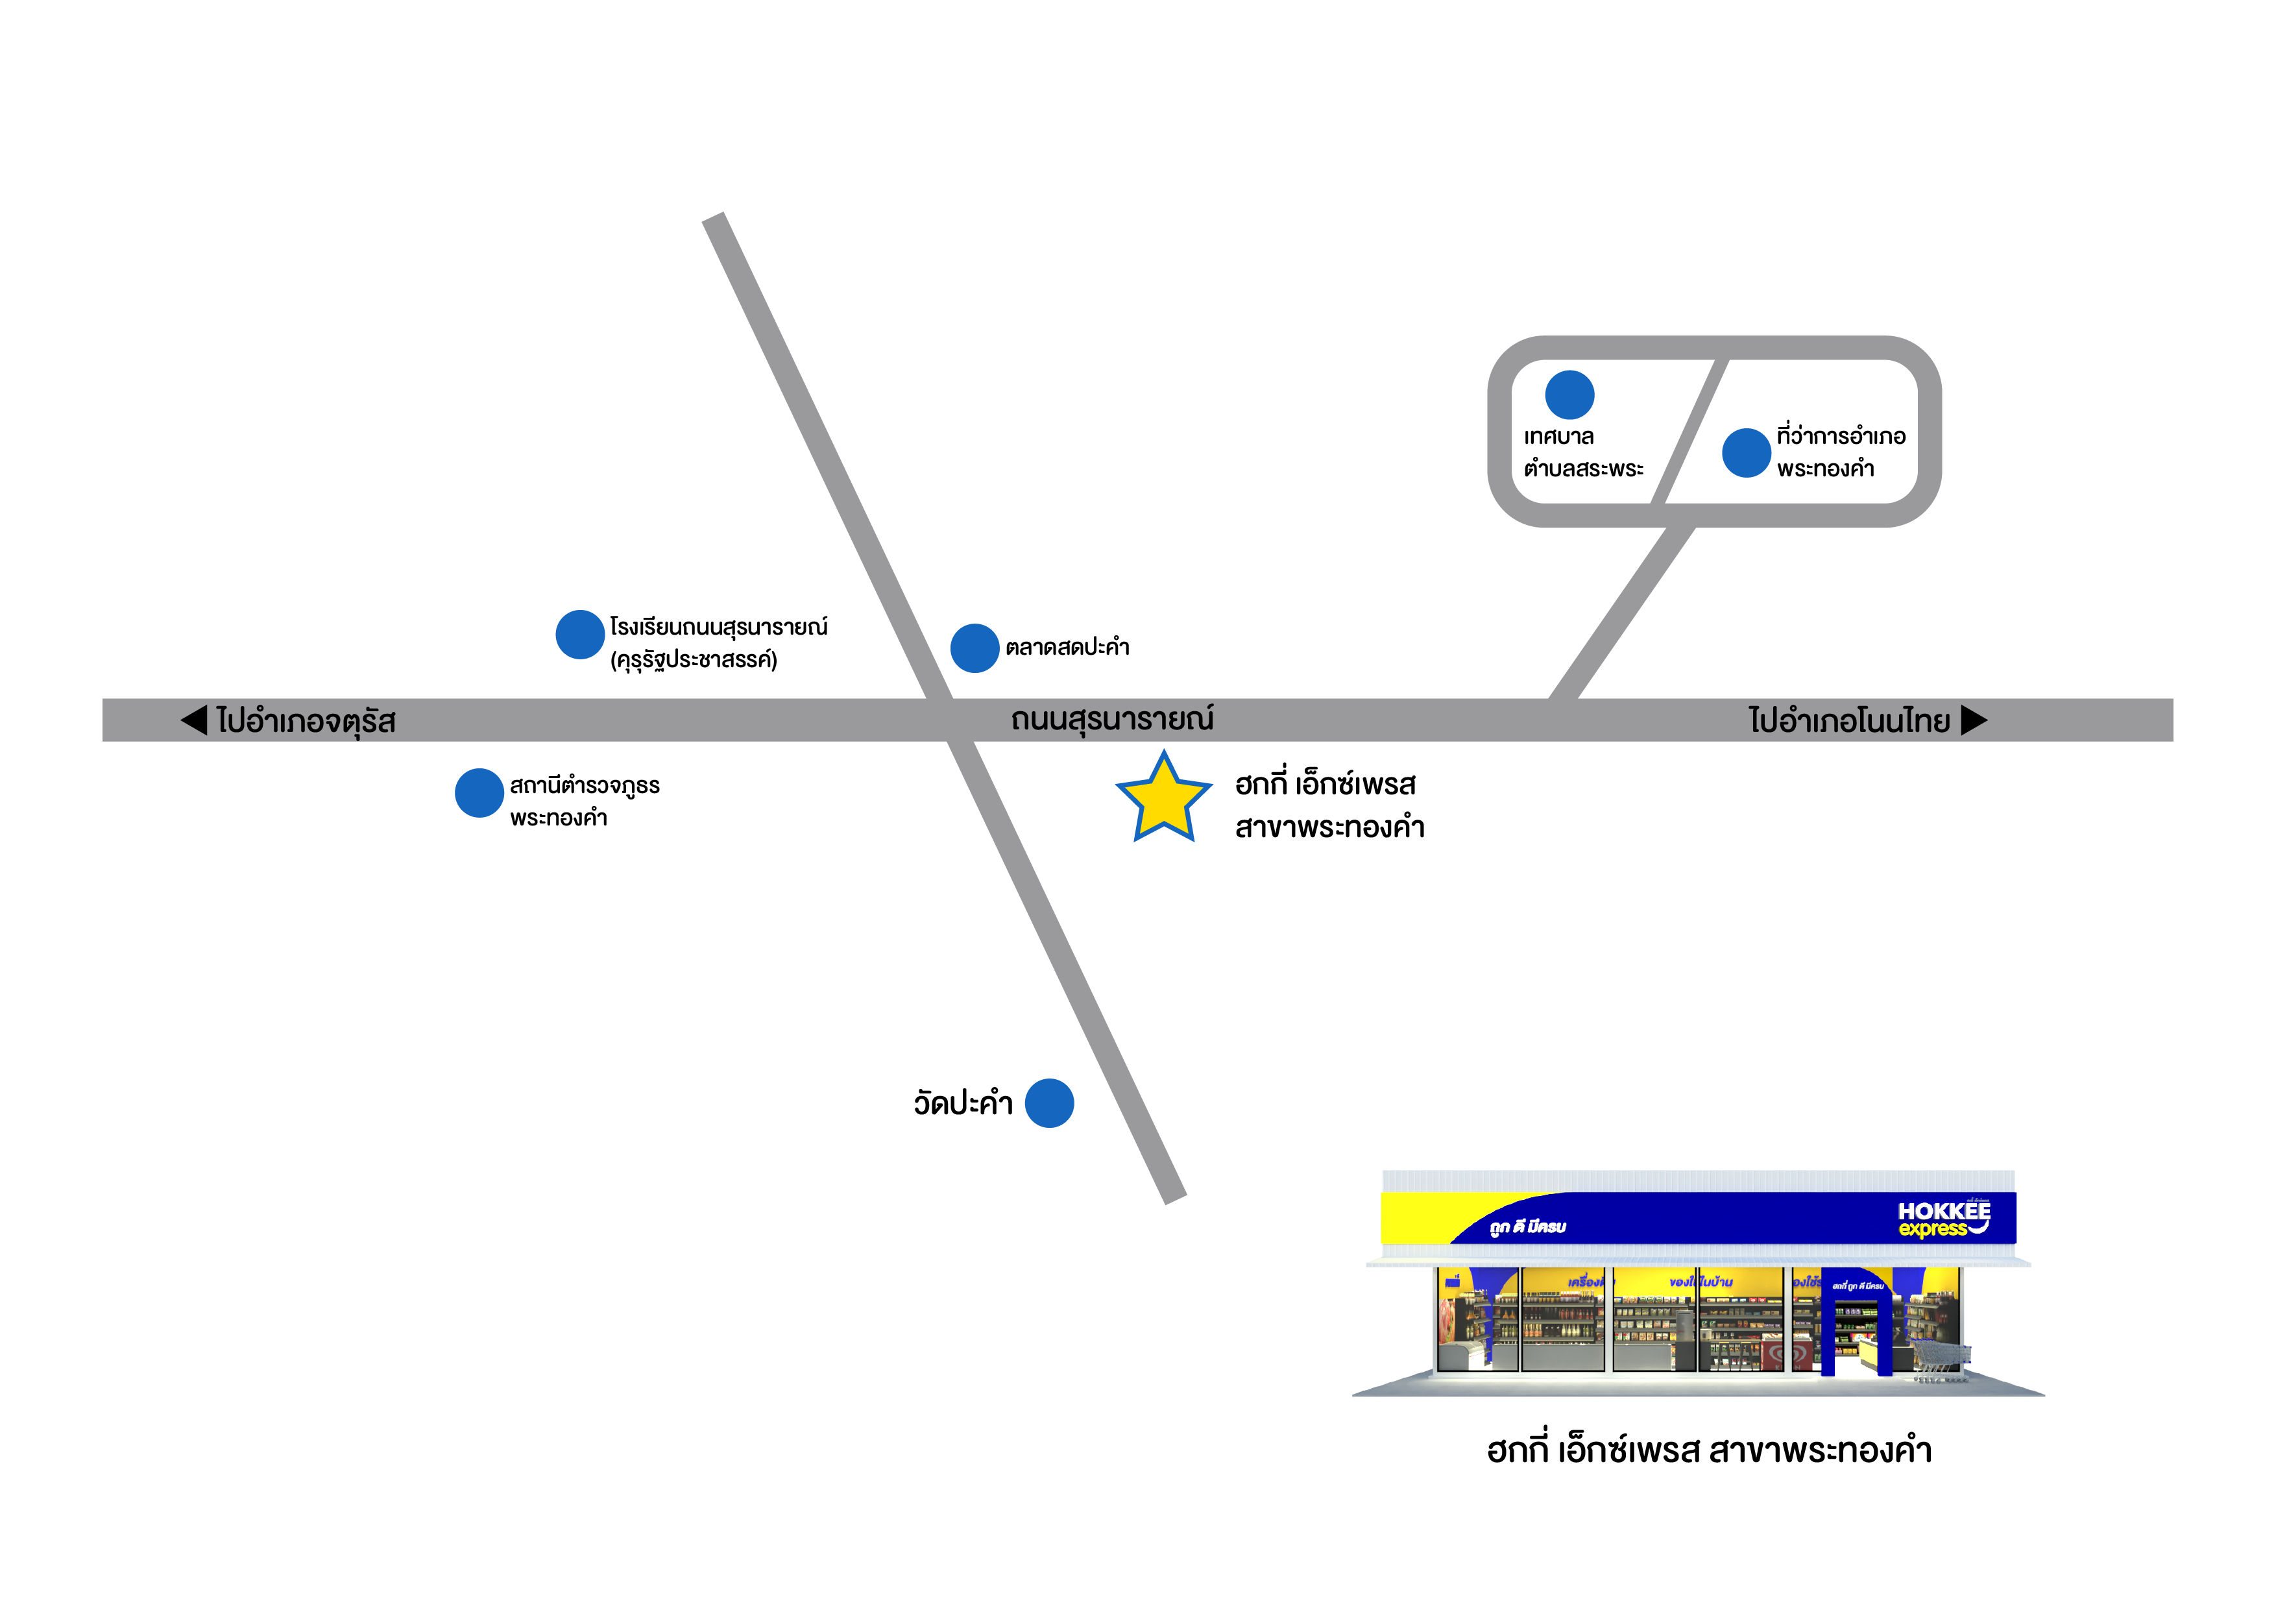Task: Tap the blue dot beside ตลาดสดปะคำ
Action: [975, 648]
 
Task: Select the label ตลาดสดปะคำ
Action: [1068, 648]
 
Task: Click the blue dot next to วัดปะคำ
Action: [1048, 1103]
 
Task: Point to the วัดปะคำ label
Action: [963, 1103]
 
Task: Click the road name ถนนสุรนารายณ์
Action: [1112, 720]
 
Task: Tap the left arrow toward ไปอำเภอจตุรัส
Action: [194, 721]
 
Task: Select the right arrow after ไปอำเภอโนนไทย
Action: [1974, 721]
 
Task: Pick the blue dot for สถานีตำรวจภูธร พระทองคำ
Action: [479, 793]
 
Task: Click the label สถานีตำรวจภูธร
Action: [585, 786]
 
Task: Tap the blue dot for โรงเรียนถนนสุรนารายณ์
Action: [580, 635]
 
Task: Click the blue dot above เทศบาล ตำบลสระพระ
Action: [1569, 395]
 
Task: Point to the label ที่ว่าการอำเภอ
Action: [1841, 436]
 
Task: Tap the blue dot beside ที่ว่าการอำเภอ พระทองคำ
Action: [1747, 453]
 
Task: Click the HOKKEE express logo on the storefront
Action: [1943, 1219]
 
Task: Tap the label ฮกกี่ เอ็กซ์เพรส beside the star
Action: [1326, 785]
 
